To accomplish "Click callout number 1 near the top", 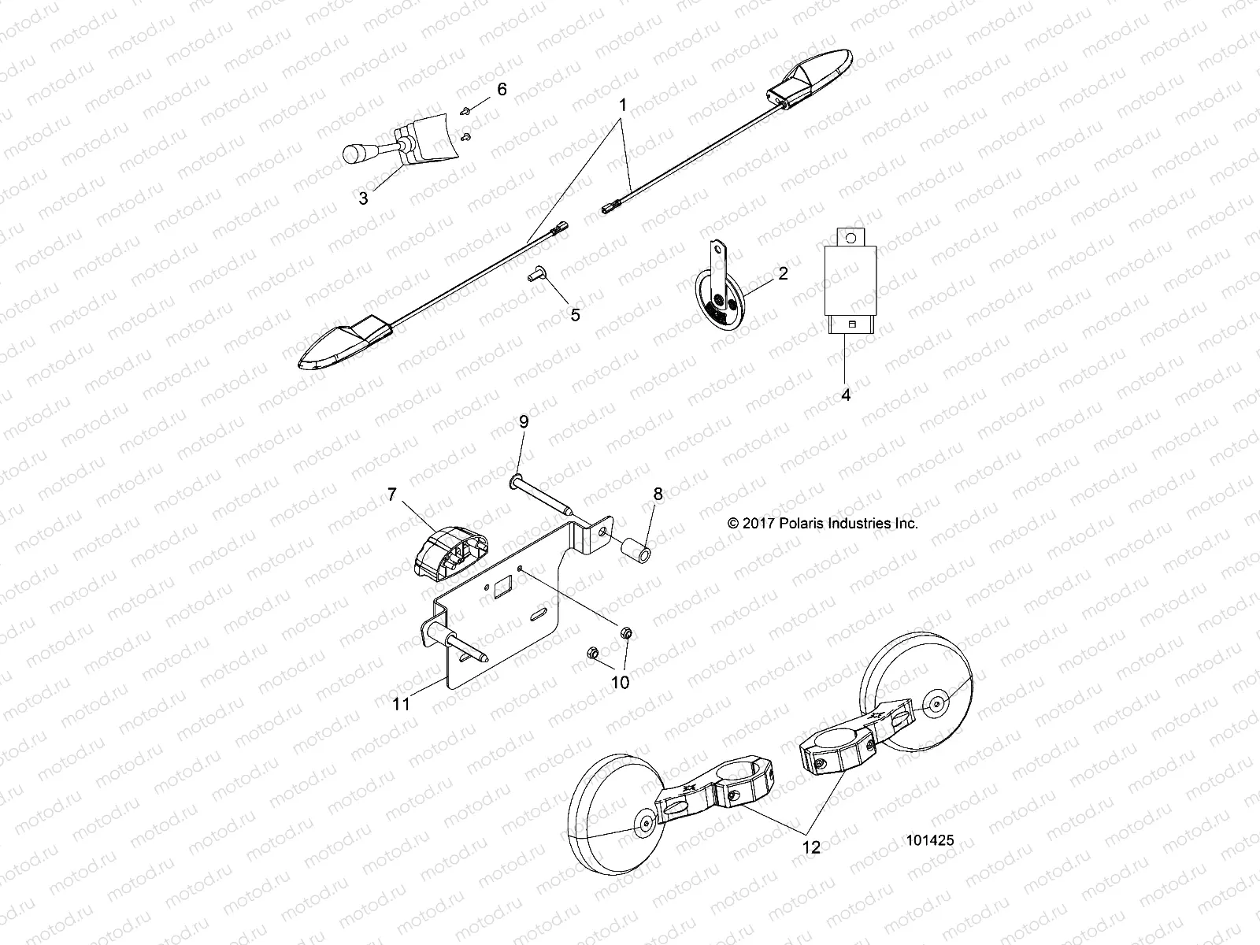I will [622, 104].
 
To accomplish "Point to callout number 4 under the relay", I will [846, 395].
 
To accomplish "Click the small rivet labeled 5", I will [532, 276].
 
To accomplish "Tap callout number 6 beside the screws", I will [502, 89].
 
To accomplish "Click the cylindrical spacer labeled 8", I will [636, 547].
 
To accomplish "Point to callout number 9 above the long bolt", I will [524, 421].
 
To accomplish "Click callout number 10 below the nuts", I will [621, 683].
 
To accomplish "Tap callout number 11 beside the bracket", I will [402, 704].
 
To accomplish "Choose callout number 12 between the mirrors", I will [810, 847].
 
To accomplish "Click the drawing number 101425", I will [930, 841].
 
